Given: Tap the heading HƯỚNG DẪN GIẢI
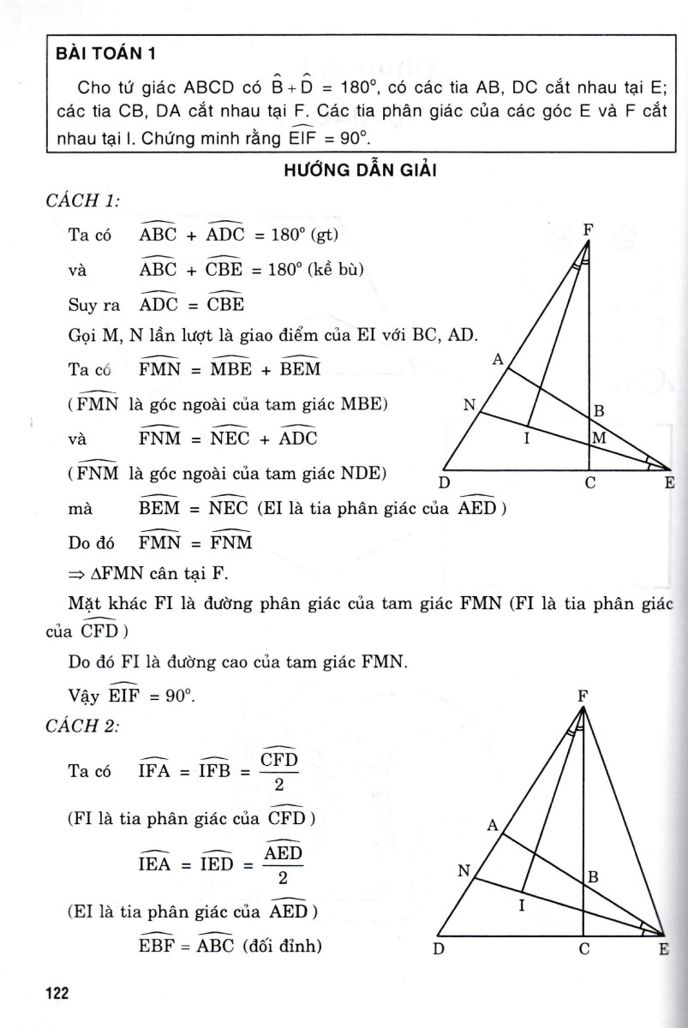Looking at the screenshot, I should tap(360, 170).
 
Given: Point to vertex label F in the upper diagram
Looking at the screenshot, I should tap(589, 230).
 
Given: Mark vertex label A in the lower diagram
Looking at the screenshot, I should tap(493, 826).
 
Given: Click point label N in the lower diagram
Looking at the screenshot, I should tap(464, 871).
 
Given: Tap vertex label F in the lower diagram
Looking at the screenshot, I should tap(583, 696).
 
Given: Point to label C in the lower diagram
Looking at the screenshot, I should tap(583, 948).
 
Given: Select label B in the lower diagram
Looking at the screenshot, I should tap(592, 877).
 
